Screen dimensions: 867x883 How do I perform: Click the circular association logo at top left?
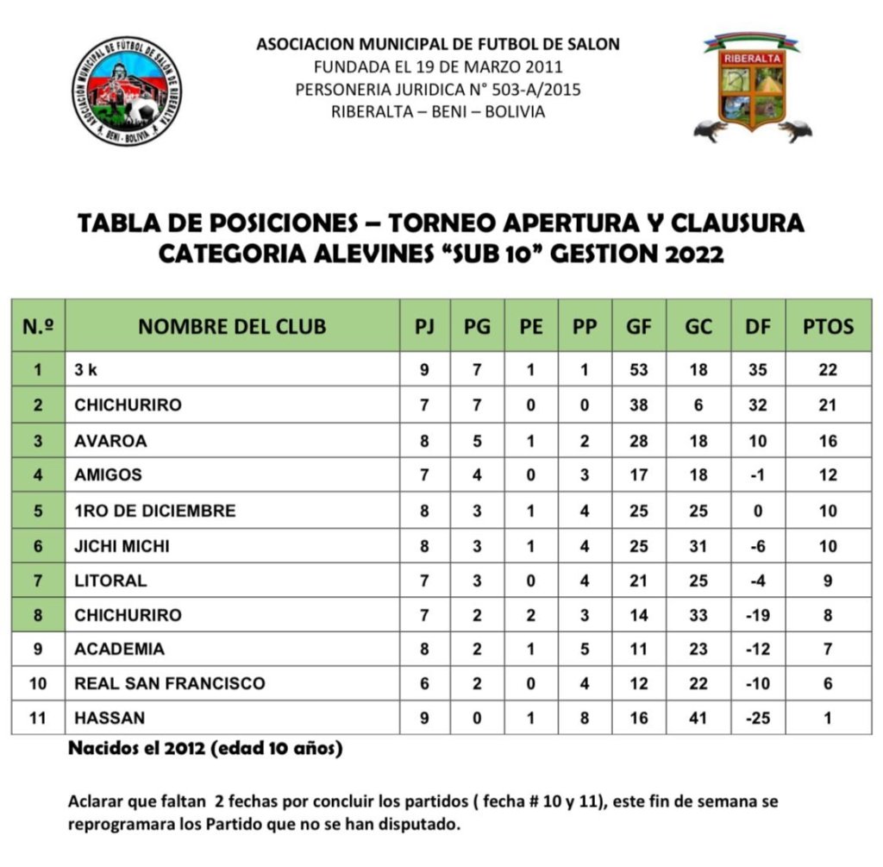pyautogui.click(x=127, y=91)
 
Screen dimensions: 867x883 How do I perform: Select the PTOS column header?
pyautogui.click(x=828, y=326)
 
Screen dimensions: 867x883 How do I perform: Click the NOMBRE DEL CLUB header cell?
pyautogui.click(x=232, y=326)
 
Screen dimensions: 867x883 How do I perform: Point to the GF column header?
pyautogui.click(x=639, y=326)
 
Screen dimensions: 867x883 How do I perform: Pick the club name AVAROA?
pyautogui.click(x=110, y=441)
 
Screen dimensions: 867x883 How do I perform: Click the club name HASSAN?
pyautogui.click(x=110, y=718)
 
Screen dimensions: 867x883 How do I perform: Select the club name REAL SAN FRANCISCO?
pyautogui.click(x=170, y=683)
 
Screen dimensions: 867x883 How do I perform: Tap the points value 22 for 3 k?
pyautogui.click(x=828, y=370)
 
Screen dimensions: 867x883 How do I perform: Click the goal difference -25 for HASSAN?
pyautogui.click(x=758, y=718)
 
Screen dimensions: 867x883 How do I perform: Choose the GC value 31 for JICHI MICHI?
pyautogui.click(x=698, y=546)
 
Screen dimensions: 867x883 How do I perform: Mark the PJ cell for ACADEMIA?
pyautogui.click(x=423, y=649)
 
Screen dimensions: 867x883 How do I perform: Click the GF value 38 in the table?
pyautogui.click(x=639, y=405)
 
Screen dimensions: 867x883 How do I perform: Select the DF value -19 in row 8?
pyautogui.click(x=758, y=615)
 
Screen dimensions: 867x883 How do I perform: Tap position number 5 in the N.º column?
pyautogui.click(x=38, y=511)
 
